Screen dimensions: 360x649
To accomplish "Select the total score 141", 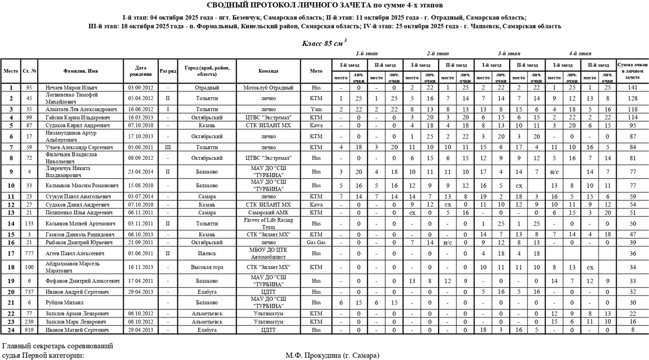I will (632, 87).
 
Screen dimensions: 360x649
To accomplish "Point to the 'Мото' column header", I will (316, 70).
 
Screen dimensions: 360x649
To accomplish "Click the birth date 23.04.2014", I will (141, 172).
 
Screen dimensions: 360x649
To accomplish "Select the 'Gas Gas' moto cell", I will (316, 243).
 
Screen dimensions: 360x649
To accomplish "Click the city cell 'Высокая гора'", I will (207, 267).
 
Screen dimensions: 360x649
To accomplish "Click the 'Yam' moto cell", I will (316, 109).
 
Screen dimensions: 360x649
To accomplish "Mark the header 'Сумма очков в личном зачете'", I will (632, 70).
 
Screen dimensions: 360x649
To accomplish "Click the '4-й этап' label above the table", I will (580, 54).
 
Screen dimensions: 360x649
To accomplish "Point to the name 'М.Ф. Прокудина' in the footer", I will (332, 356).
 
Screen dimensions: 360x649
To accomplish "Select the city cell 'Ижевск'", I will (207, 253).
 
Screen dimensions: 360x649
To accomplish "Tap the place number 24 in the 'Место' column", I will (11, 330).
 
